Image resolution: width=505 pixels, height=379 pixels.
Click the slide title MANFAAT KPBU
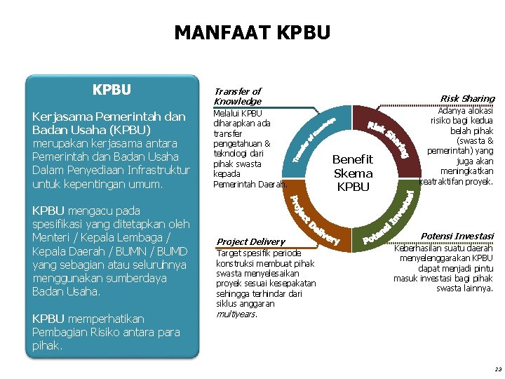252,32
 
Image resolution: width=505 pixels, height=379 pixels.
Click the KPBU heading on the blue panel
112,90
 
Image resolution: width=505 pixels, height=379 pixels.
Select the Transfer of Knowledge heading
237,96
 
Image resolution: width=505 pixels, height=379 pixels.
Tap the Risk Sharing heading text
467,98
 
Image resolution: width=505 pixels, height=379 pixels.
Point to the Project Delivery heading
250,241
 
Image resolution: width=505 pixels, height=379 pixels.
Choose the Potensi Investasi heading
457,236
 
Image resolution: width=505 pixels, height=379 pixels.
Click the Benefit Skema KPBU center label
353,173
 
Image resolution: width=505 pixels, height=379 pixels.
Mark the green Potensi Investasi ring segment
393,218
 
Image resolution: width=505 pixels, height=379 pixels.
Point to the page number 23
497,369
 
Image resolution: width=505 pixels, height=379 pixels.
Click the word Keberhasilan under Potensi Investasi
419,248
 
